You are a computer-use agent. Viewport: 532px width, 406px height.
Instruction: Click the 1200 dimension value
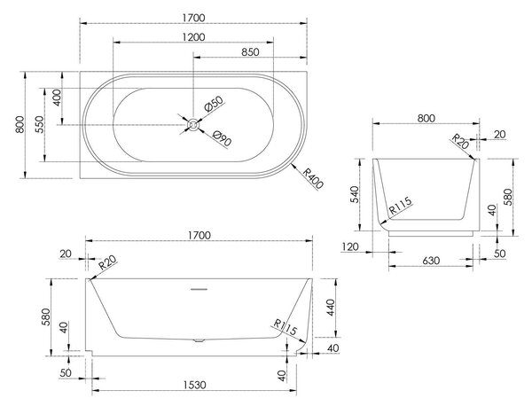tap(193, 37)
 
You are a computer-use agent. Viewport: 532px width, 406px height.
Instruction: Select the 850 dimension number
tap(250, 52)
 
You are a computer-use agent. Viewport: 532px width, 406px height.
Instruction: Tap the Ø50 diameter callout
tap(214, 104)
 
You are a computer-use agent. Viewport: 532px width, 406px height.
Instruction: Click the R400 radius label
tap(312, 178)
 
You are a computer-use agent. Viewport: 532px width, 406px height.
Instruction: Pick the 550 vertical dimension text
tap(40, 124)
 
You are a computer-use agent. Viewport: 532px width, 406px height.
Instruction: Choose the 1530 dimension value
tap(195, 385)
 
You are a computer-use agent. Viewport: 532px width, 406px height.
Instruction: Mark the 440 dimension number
tap(331, 308)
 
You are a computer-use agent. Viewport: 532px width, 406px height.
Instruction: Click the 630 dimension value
tap(431, 261)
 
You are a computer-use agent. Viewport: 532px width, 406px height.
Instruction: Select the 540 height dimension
tap(354, 194)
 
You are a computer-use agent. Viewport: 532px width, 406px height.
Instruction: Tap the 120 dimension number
tap(350, 246)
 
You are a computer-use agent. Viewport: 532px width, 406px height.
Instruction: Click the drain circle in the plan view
tap(193, 124)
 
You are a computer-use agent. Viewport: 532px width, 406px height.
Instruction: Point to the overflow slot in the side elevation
tap(199, 289)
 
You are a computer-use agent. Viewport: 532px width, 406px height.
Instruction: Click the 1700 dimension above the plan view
tap(193, 18)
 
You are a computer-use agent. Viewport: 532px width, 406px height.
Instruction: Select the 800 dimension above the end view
tap(426, 119)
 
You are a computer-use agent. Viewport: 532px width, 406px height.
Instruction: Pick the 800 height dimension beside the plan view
tap(20, 124)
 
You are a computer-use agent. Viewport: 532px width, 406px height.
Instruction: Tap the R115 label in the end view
tap(401, 206)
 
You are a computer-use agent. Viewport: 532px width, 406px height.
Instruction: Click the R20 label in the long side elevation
tap(107, 262)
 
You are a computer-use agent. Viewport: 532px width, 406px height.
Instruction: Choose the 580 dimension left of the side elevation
tap(45, 316)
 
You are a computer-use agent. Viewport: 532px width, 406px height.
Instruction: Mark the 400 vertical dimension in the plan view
tap(57, 98)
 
